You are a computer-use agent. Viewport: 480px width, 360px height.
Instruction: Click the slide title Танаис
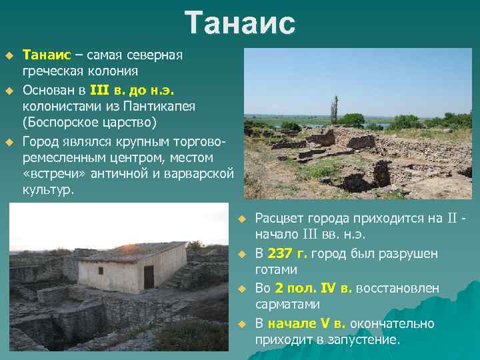240,23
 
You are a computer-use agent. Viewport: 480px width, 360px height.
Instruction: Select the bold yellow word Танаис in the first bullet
45,55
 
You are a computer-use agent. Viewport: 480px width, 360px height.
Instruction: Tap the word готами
276,270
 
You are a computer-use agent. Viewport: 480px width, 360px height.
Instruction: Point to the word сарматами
288,305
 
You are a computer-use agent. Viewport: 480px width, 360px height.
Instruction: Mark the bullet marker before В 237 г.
243,254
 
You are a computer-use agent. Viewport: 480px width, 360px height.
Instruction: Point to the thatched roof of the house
133,252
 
